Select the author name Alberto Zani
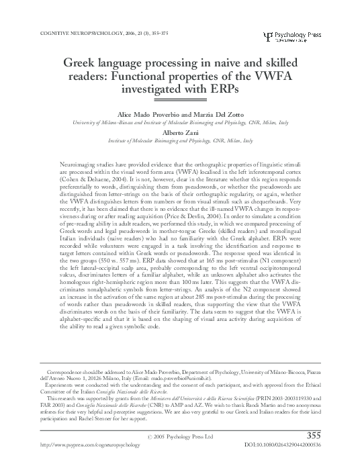[180, 132]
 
